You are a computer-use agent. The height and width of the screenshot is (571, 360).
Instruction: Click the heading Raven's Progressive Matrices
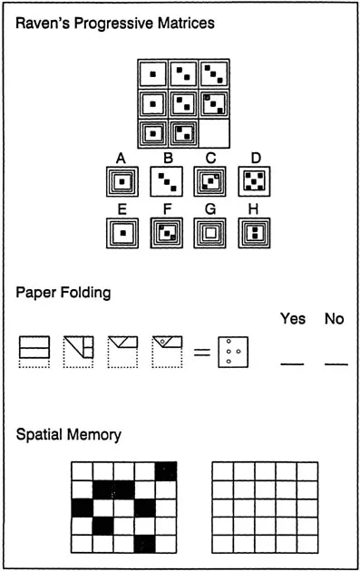coord(115,24)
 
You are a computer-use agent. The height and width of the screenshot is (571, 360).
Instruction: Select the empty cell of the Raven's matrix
coord(214,133)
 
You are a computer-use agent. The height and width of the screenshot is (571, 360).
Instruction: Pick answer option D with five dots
coord(254,181)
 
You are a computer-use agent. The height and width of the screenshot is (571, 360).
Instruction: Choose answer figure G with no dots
coord(209,233)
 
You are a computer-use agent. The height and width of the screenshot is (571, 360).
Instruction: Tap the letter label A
coord(121,159)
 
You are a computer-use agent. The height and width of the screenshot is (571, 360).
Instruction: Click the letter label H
coord(253,209)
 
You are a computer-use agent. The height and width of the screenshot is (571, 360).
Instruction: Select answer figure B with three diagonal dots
coord(167,181)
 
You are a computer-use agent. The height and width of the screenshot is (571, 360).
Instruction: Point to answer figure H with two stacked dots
coord(254,233)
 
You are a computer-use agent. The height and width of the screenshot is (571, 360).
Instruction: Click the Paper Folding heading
coord(63,293)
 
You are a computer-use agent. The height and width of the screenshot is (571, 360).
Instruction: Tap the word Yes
coord(293,319)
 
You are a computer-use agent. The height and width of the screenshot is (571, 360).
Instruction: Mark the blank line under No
coord(336,363)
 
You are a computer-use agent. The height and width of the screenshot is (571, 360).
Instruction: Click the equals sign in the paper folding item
coord(202,352)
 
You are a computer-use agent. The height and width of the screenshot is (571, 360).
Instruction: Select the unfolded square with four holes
coord(233,353)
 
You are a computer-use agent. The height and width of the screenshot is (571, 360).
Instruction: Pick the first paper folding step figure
coord(34,352)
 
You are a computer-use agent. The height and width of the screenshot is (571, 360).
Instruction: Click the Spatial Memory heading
coord(69,435)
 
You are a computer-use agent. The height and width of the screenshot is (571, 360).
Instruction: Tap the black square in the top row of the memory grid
coord(166,471)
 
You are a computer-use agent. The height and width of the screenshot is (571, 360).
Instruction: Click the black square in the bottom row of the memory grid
coord(145,544)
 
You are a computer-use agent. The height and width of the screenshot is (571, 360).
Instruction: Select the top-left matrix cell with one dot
coord(153,74)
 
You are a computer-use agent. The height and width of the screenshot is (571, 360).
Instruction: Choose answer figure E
coord(122,233)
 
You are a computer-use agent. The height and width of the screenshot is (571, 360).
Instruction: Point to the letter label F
coord(167,209)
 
